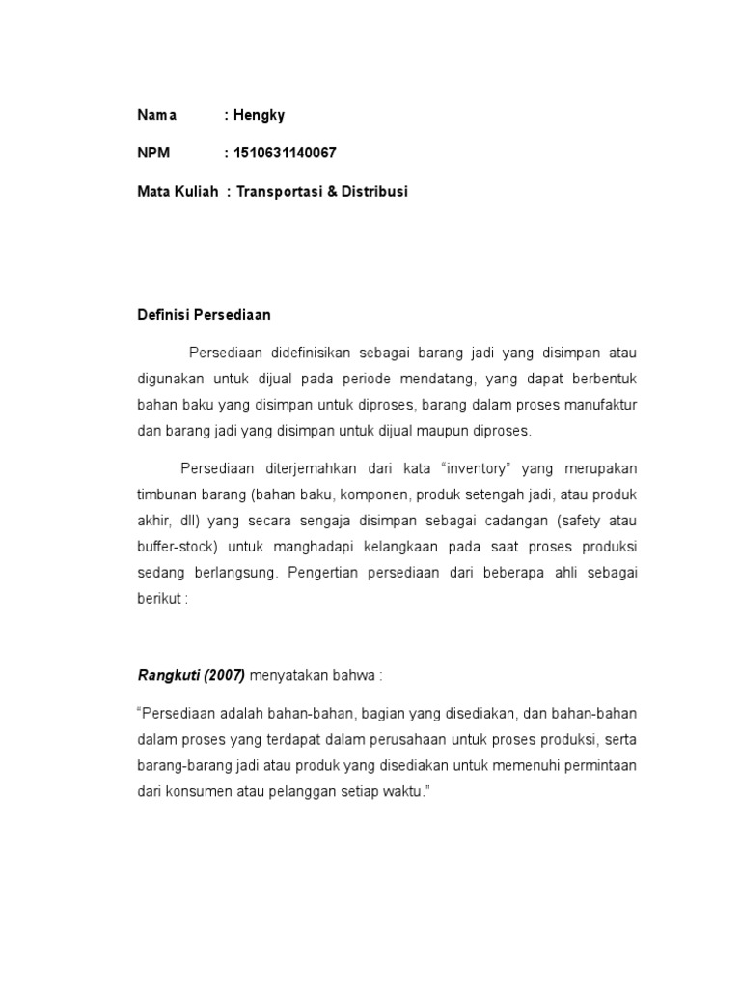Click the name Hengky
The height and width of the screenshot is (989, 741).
click(258, 115)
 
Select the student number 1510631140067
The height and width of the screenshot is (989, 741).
click(284, 153)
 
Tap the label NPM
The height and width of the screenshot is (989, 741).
click(153, 153)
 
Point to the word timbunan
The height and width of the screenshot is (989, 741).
click(165, 494)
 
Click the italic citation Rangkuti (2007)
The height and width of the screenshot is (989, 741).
click(192, 674)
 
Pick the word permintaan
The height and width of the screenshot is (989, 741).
click(597, 765)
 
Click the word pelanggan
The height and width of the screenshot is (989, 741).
click(315, 790)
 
